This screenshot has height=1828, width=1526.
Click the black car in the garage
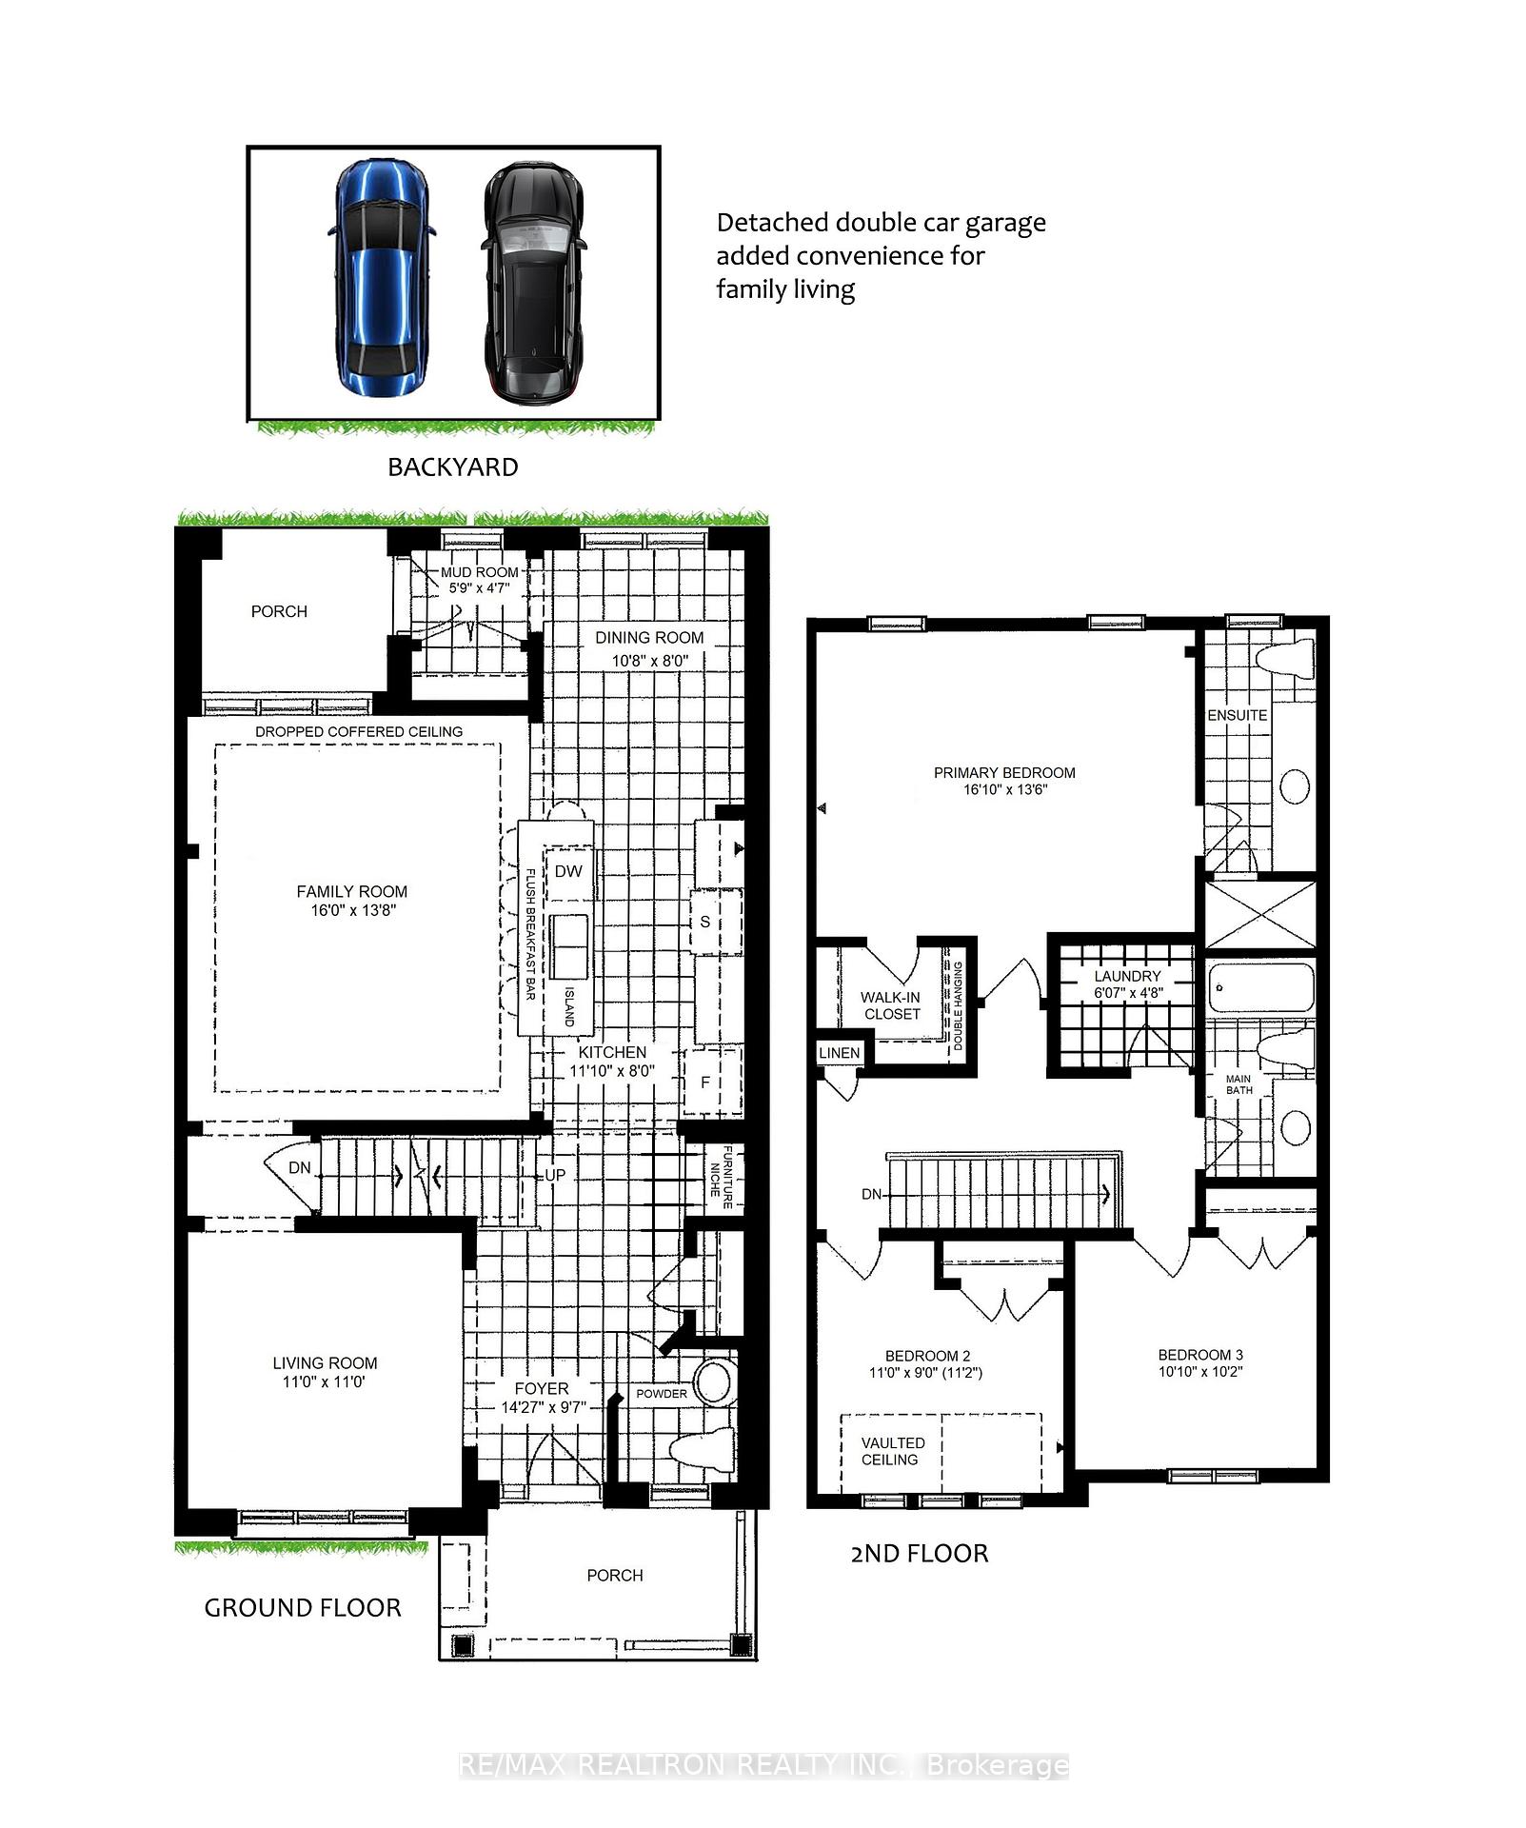531,282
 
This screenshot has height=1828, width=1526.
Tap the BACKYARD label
452,467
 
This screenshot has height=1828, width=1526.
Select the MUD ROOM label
479,572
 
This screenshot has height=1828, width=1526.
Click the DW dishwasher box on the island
568,871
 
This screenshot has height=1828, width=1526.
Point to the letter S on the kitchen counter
705,922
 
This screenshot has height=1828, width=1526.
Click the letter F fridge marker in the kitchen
705,1083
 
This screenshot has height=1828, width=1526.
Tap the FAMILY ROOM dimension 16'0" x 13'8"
351,910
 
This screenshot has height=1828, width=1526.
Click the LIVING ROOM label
325,1362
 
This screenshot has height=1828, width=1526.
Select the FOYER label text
542,1389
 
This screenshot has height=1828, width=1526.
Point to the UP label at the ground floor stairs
555,1175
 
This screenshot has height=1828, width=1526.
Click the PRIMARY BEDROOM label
1004,773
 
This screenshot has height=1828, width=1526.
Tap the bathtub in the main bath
1260,988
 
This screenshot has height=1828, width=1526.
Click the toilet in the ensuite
1285,658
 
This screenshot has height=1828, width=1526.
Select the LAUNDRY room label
1127,976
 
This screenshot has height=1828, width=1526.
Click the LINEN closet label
839,1052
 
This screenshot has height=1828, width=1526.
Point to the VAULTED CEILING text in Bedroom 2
892,1451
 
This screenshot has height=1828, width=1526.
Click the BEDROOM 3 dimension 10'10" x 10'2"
1200,1372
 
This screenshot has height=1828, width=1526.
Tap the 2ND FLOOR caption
919,1554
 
